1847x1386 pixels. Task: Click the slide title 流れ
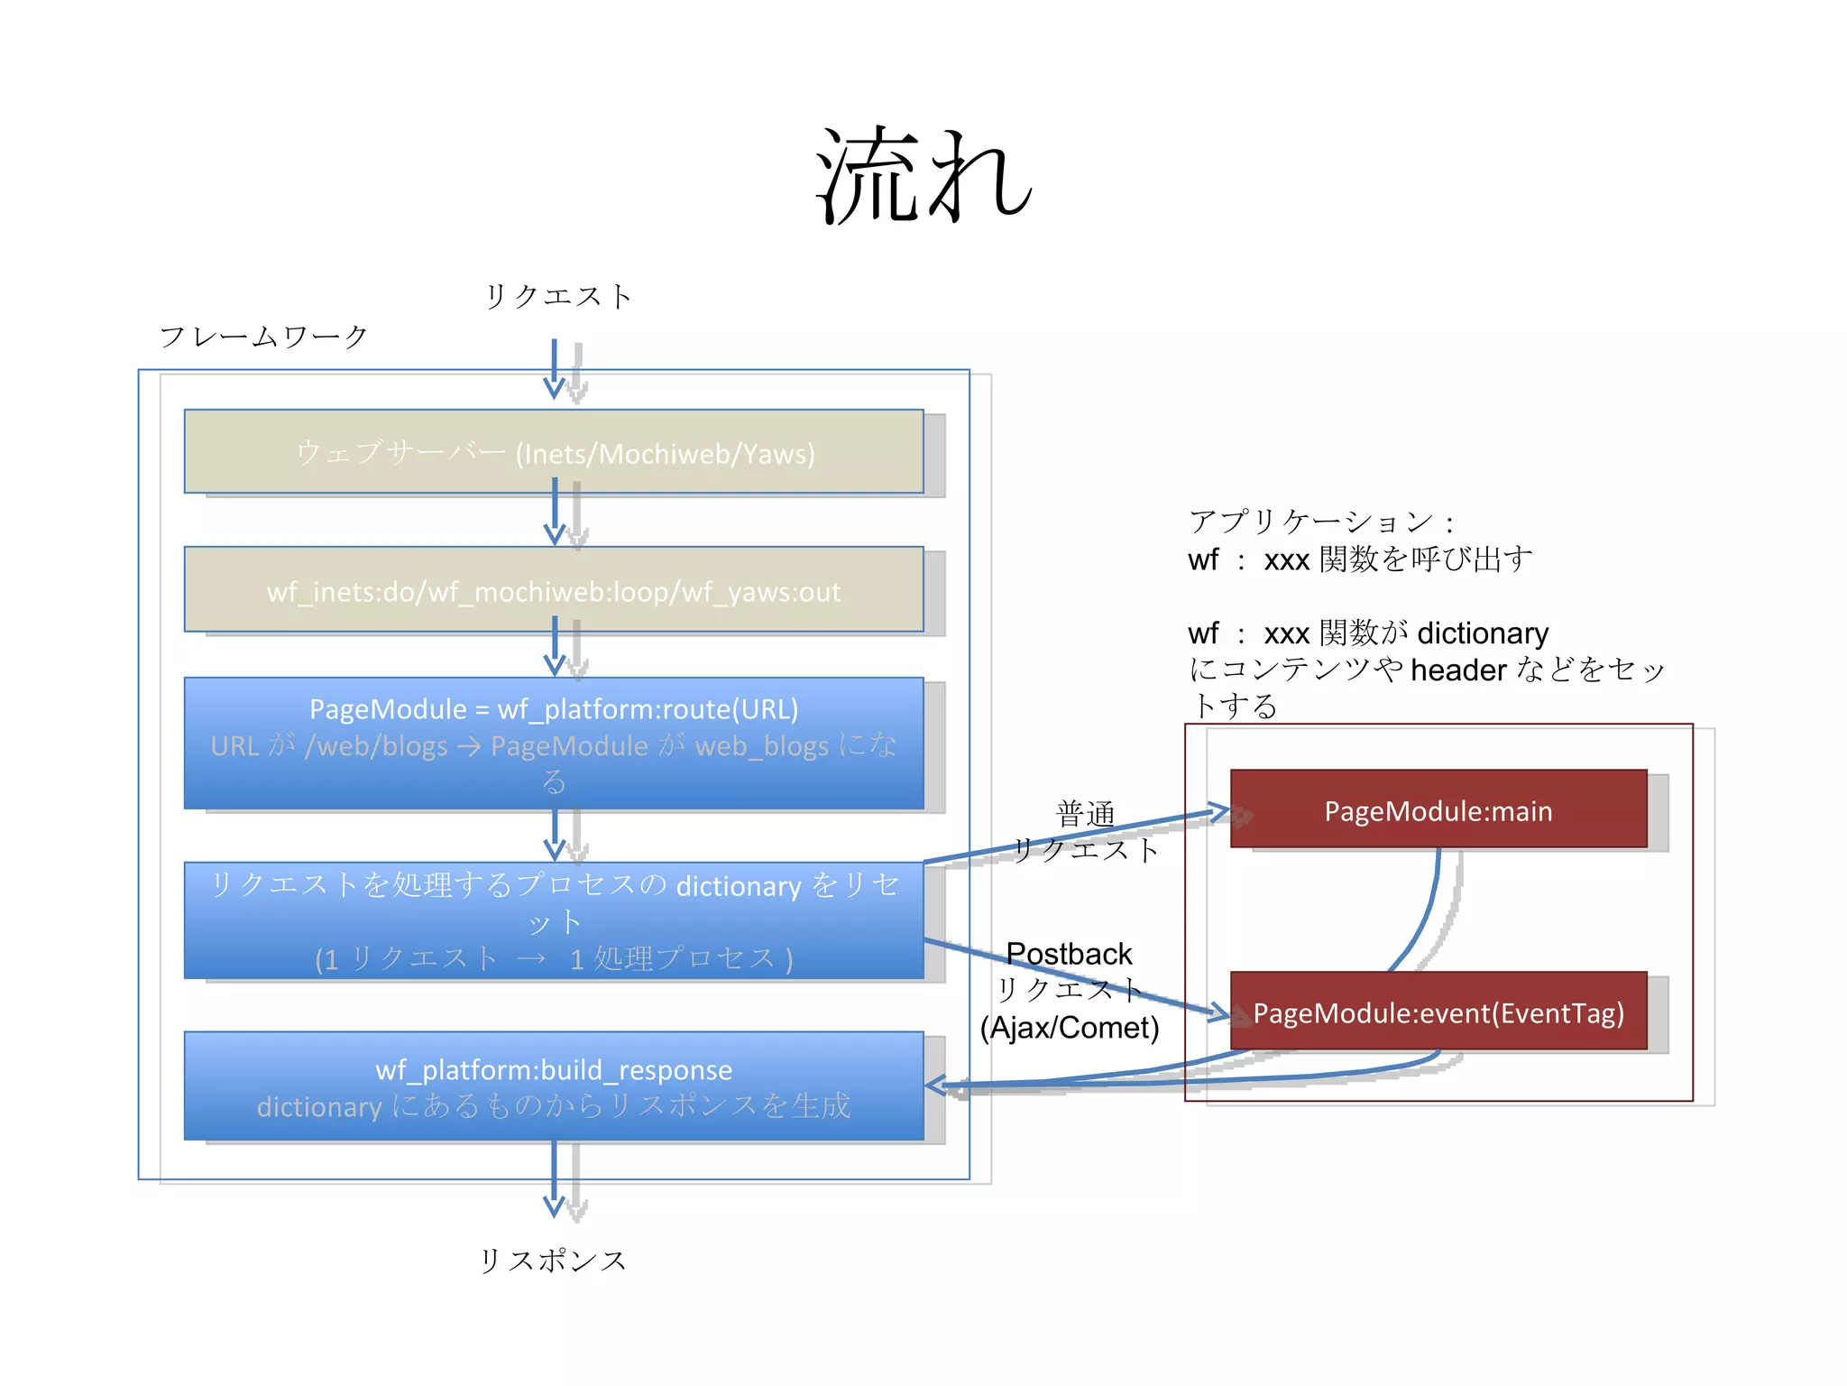click(x=923, y=176)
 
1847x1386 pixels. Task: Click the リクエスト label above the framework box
click(x=558, y=296)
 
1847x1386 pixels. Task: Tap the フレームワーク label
click(x=264, y=337)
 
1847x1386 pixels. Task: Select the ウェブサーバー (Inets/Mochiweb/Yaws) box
click(x=554, y=451)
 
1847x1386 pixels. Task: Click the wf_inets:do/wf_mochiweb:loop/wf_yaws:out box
click(x=554, y=590)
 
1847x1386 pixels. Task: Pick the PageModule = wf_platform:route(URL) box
click(x=554, y=743)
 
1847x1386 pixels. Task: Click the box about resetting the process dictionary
click(x=554, y=919)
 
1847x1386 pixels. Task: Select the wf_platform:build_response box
click(x=554, y=1086)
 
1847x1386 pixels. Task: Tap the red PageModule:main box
click(x=1438, y=809)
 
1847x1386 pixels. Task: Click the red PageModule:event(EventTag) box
click(x=1438, y=1012)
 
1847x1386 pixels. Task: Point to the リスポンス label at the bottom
click(x=553, y=1260)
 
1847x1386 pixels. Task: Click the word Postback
click(x=1068, y=953)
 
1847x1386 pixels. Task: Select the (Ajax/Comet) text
click(x=1070, y=1027)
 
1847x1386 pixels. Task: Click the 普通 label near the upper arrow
click(x=1085, y=814)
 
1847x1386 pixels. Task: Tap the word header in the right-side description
click(x=1457, y=670)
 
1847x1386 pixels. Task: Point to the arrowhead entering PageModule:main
click(x=1219, y=811)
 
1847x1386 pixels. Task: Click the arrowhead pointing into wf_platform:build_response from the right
click(x=935, y=1086)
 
